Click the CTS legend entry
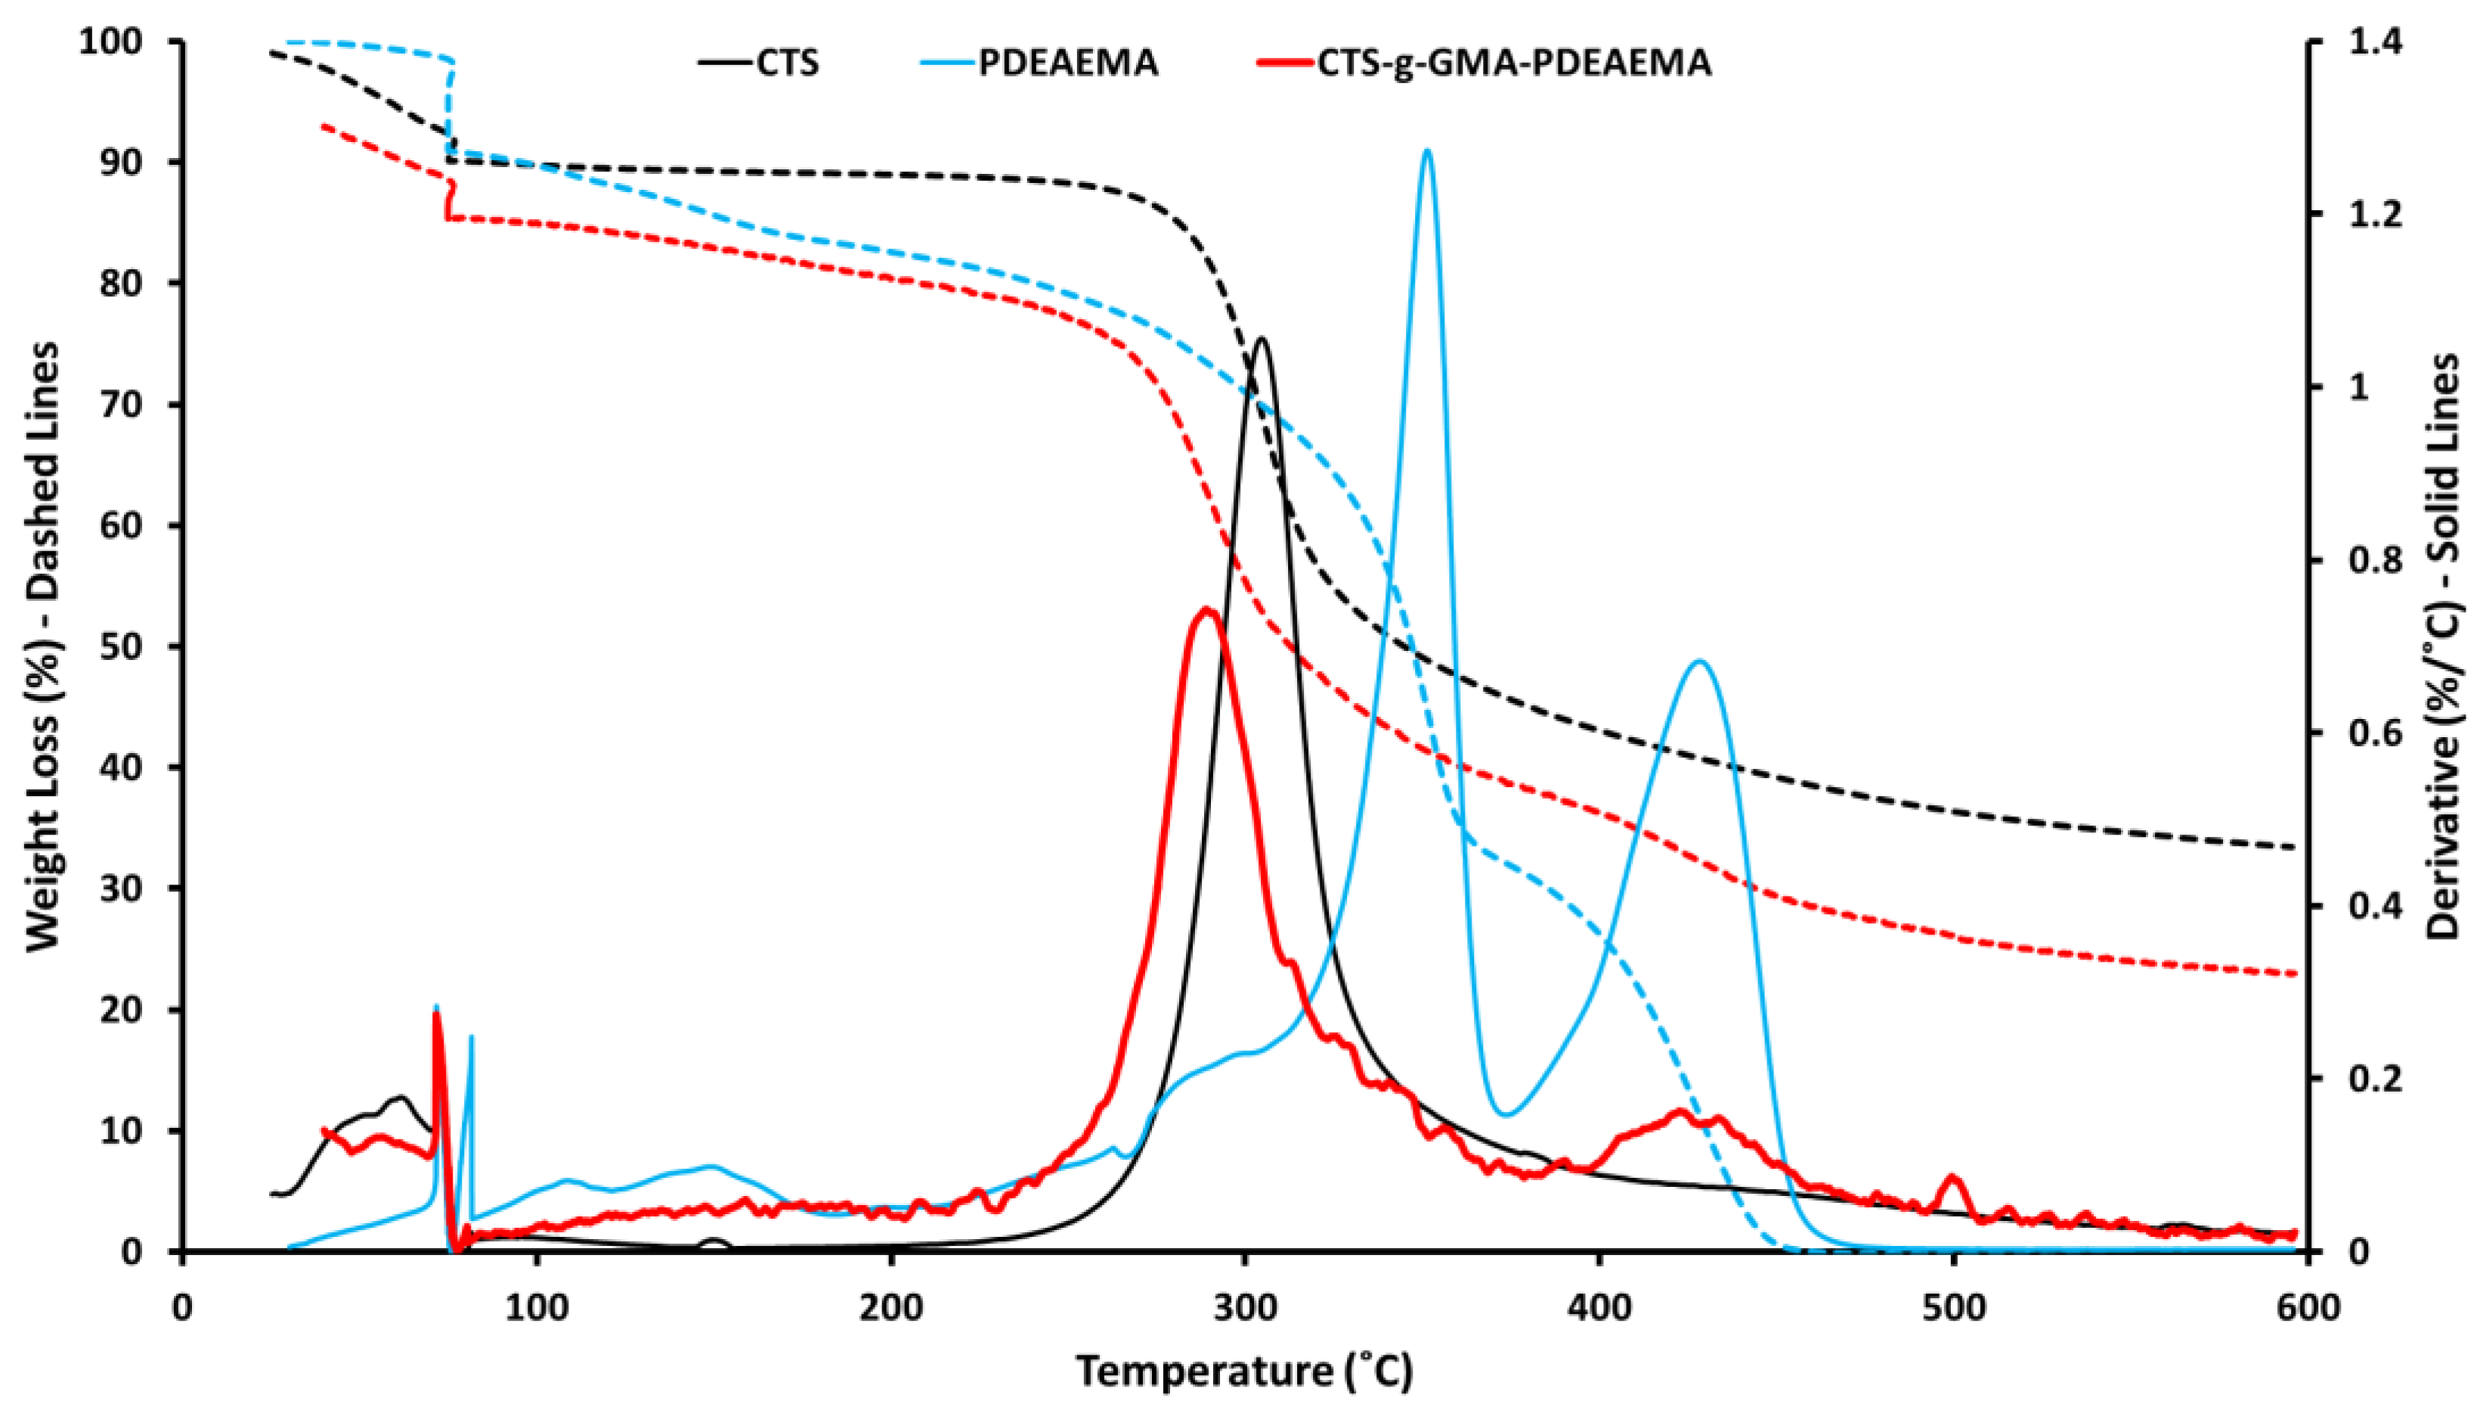pyautogui.click(x=760, y=63)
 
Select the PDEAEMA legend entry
pyautogui.click(x=1048, y=63)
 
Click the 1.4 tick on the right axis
pyautogui.click(x=2370, y=42)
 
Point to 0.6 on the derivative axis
pyautogui.click(x=2370, y=733)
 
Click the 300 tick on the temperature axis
pyautogui.click(x=1245, y=1307)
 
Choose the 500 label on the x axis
pyautogui.click(x=1953, y=1307)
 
